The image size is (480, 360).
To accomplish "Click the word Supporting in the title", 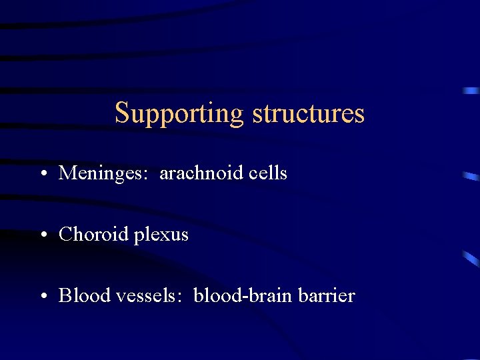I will pos(179,113).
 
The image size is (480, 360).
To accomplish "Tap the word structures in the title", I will pos(308,113).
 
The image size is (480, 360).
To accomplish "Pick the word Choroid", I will pos(89,235).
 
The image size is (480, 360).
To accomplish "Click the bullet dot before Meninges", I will pos(43,175).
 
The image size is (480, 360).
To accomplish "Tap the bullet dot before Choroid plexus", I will pos(43,236).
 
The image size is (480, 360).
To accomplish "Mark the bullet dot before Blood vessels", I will pos(43,297).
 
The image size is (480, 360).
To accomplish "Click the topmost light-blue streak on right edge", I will pos(471,90).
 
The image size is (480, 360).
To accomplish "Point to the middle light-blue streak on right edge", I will pos(471,177).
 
